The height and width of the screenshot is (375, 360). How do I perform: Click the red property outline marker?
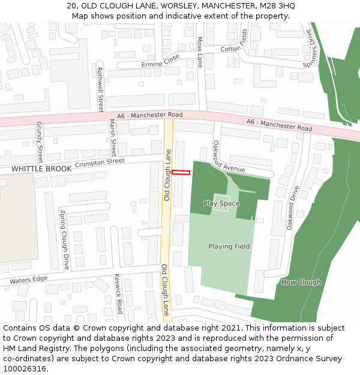pos(181,173)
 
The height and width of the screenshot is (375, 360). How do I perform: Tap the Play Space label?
pos(221,203)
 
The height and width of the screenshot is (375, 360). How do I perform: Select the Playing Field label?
pos(229,247)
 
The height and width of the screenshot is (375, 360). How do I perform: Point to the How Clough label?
pos(301,282)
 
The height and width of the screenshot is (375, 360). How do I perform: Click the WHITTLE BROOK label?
pos(41,169)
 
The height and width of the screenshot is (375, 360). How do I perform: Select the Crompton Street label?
pos(100,163)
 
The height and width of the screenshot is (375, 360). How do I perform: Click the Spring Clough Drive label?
pos(64,239)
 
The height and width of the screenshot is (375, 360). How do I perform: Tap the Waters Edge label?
pos(28,280)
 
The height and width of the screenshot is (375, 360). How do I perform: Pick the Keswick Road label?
pos(119,295)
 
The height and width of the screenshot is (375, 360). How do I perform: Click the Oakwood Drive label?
pos(292,208)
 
